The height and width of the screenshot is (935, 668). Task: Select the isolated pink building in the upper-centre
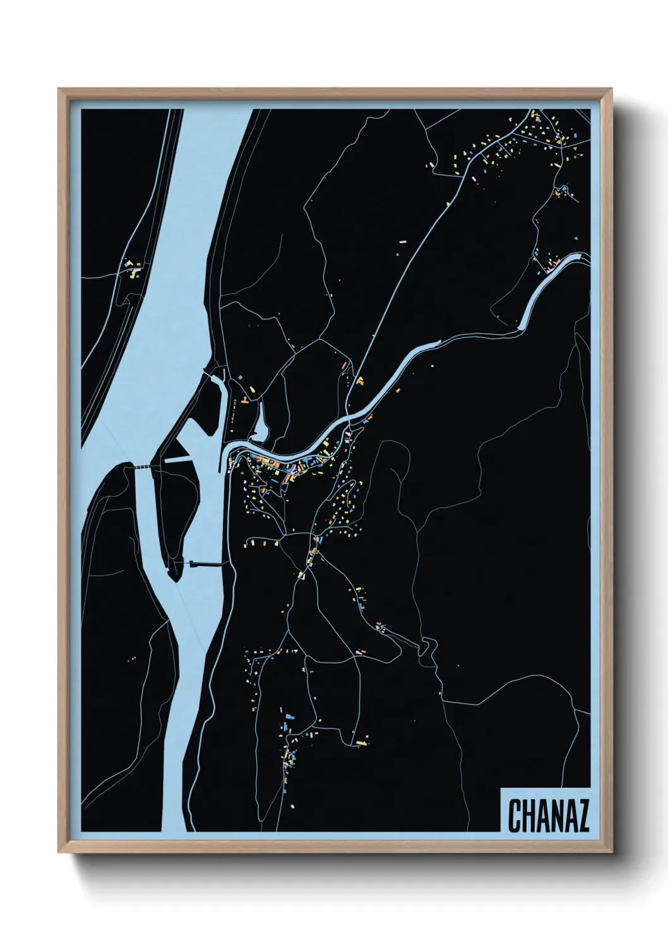coord(403,241)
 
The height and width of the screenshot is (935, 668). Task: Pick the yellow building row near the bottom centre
coord(361,742)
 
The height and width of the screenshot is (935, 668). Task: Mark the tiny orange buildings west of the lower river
coord(132,660)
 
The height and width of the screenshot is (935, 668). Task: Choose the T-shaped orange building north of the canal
coord(361,381)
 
